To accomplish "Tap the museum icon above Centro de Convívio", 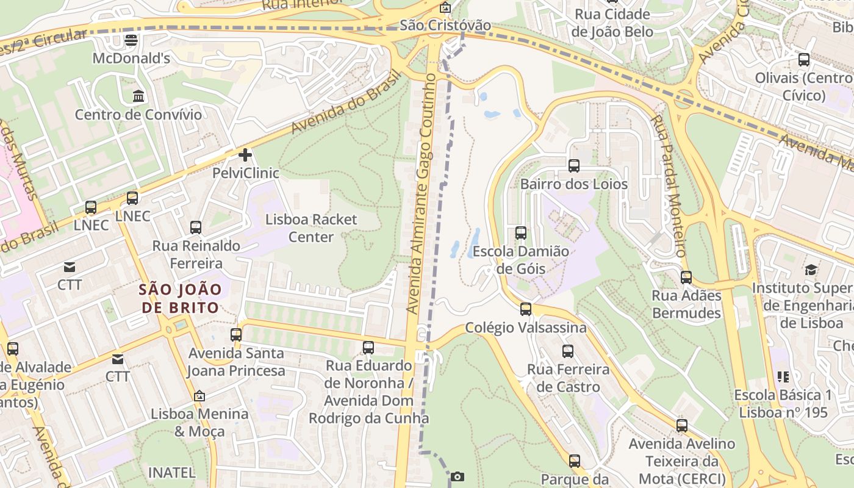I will (x=138, y=96).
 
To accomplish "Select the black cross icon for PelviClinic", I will (x=245, y=155).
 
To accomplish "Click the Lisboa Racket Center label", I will (x=311, y=228).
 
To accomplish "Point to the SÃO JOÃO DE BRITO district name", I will (x=179, y=298).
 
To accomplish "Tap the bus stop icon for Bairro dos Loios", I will (x=573, y=165).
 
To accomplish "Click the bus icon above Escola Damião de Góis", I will (x=520, y=232).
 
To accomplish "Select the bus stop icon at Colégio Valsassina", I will (x=526, y=309).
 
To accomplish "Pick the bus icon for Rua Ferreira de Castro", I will (x=568, y=351).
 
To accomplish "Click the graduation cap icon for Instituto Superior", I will (x=811, y=270).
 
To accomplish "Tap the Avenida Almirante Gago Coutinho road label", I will (x=423, y=194).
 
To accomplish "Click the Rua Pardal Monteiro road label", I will (x=669, y=185).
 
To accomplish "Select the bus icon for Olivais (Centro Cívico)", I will (x=804, y=60).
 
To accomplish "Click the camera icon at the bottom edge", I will (x=457, y=476).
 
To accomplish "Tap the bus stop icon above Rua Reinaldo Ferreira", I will (x=196, y=228).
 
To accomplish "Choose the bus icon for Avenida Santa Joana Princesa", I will (x=236, y=334).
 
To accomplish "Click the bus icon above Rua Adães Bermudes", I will (x=686, y=278).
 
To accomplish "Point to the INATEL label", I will (x=171, y=472).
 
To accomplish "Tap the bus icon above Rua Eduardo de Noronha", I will (x=368, y=348).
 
